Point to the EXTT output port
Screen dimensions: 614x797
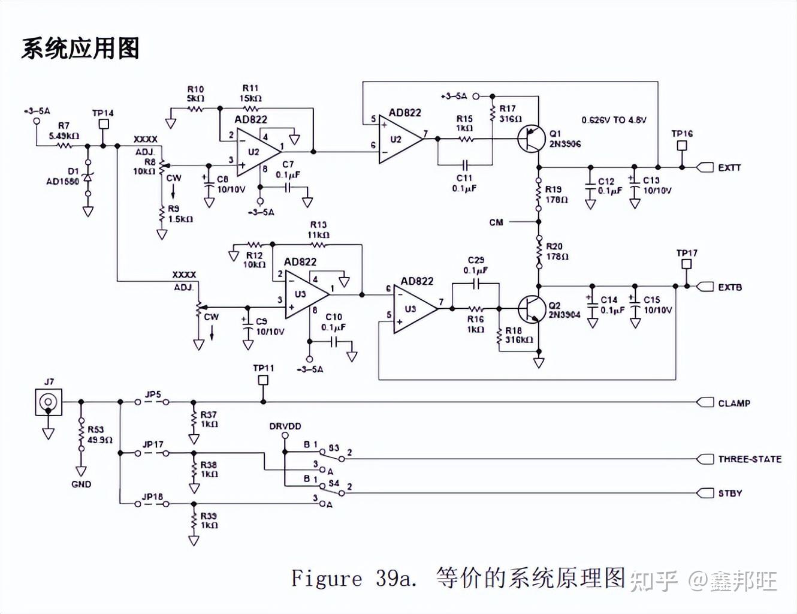[706, 167]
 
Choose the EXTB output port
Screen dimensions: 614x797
[706, 287]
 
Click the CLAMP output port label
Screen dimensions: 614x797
[734, 403]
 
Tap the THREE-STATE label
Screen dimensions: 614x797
[750, 459]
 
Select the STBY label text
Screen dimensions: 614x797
[730, 493]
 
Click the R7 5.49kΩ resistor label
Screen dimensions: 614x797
[64, 131]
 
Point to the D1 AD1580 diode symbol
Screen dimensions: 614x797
[88, 177]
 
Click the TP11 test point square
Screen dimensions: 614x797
[263, 380]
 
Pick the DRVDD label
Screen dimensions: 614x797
[285, 426]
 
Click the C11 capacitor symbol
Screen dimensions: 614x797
[465, 164]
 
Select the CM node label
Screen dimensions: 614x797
[496, 222]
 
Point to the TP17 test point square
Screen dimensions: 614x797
[687, 264]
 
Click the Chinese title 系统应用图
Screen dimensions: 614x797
[80, 49]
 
